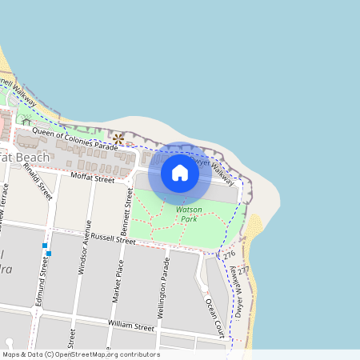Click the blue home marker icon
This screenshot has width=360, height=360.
[x=180, y=173]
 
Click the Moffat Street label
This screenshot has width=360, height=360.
[x=93, y=177]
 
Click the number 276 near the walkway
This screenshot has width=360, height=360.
[x=230, y=254]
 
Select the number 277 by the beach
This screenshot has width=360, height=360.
[x=243, y=270]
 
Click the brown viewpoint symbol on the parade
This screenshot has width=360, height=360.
[x=118, y=139]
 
